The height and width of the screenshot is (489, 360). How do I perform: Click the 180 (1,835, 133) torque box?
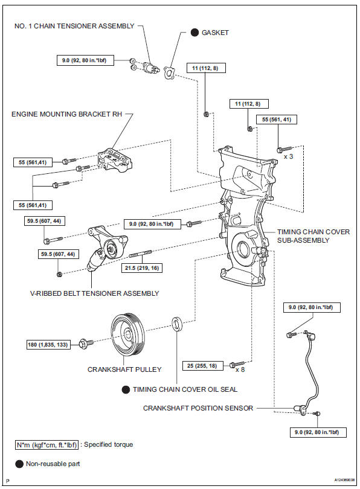coord(48,345)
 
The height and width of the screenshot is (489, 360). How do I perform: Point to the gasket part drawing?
coord(169,73)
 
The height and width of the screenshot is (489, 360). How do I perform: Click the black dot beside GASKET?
coord(194,33)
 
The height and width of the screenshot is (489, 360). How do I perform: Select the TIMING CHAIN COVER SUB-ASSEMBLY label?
coord(313,236)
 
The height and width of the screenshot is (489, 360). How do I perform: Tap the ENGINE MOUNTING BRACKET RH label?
coord(67,114)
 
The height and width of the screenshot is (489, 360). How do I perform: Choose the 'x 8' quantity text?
coord(240,370)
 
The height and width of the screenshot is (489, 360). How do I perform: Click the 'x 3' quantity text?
coord(288,156)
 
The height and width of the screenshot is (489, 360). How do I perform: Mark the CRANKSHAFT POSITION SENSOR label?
coord(198,408)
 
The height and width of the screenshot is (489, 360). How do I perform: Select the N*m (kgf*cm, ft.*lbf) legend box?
coord(47,445)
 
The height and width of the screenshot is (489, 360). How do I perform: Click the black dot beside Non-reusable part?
coord(19,464)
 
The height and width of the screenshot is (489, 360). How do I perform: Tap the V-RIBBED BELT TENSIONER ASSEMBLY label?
coord(94,293)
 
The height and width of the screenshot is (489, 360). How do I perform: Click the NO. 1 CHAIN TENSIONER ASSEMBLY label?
coord(74,26)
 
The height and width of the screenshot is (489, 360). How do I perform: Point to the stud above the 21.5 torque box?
coord(140,254)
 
